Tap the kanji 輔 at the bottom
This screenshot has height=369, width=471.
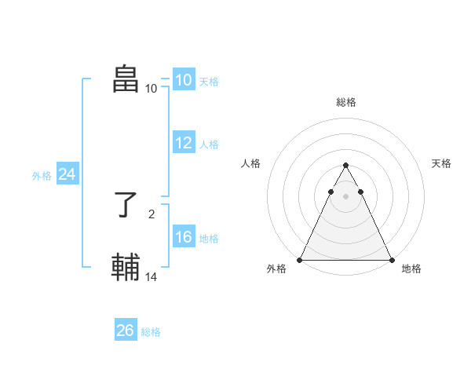tap(126, 266)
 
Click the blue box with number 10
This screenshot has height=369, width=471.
tap(183, 80)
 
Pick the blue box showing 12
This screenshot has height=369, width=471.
tap(183, 143)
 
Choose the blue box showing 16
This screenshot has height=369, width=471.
tap(183, 237)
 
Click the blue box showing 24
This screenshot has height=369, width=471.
tap(68, 174)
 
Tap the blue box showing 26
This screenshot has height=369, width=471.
tap(125, 331)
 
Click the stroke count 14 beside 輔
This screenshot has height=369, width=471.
tap(152, 276)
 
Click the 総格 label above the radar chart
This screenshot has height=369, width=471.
tap(345, 102)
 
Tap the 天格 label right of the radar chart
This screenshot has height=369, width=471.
tap(441, 163)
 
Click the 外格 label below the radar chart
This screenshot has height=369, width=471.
tap(276, 269)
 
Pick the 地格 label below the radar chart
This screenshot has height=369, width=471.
tap(411, 269)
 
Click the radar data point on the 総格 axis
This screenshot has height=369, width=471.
tap(345, 166)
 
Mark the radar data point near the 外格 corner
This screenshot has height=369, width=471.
tap(300, 260)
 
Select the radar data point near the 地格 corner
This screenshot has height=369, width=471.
tap(391, 260)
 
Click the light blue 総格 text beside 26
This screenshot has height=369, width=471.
tap(151, 332)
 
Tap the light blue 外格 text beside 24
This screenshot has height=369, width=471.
tap(42, 176)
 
